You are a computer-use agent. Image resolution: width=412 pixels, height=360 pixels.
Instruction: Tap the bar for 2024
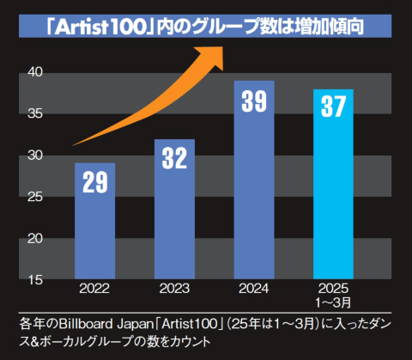[x=254, y=180]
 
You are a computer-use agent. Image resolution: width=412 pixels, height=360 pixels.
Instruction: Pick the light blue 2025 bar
[x=333, y=184]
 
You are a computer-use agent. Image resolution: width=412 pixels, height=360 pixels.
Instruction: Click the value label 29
[x=94, y=183]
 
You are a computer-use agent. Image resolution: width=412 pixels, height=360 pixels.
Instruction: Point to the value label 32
[x=174, y=158]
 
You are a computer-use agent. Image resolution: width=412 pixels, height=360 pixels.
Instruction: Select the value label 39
[x=254, y=101]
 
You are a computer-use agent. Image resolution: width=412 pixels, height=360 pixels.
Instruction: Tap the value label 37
[x=333, y=109]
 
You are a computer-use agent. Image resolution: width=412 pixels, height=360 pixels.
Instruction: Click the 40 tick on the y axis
[x=34, y=72]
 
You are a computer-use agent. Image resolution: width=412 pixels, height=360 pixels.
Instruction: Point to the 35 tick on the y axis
[x=34, y=113]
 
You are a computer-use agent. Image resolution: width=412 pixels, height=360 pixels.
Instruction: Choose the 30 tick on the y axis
[x=34, y=156]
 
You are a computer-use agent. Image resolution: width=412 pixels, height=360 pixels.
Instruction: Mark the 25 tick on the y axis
[x=34, y=197]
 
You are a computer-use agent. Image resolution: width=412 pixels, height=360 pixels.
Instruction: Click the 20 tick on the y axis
[x=34, y=238]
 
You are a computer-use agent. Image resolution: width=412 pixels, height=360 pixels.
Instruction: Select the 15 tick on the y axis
[x=34, y=279]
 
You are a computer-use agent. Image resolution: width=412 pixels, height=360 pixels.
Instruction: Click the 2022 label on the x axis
[x=94, y=290]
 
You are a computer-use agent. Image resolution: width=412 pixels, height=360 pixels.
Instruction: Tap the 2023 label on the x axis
[x=174, y=290]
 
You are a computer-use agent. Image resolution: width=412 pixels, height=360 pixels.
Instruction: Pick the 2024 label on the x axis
[x=254, y=290]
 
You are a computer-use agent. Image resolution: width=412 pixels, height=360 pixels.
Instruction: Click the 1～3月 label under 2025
[x=333, y=302]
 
